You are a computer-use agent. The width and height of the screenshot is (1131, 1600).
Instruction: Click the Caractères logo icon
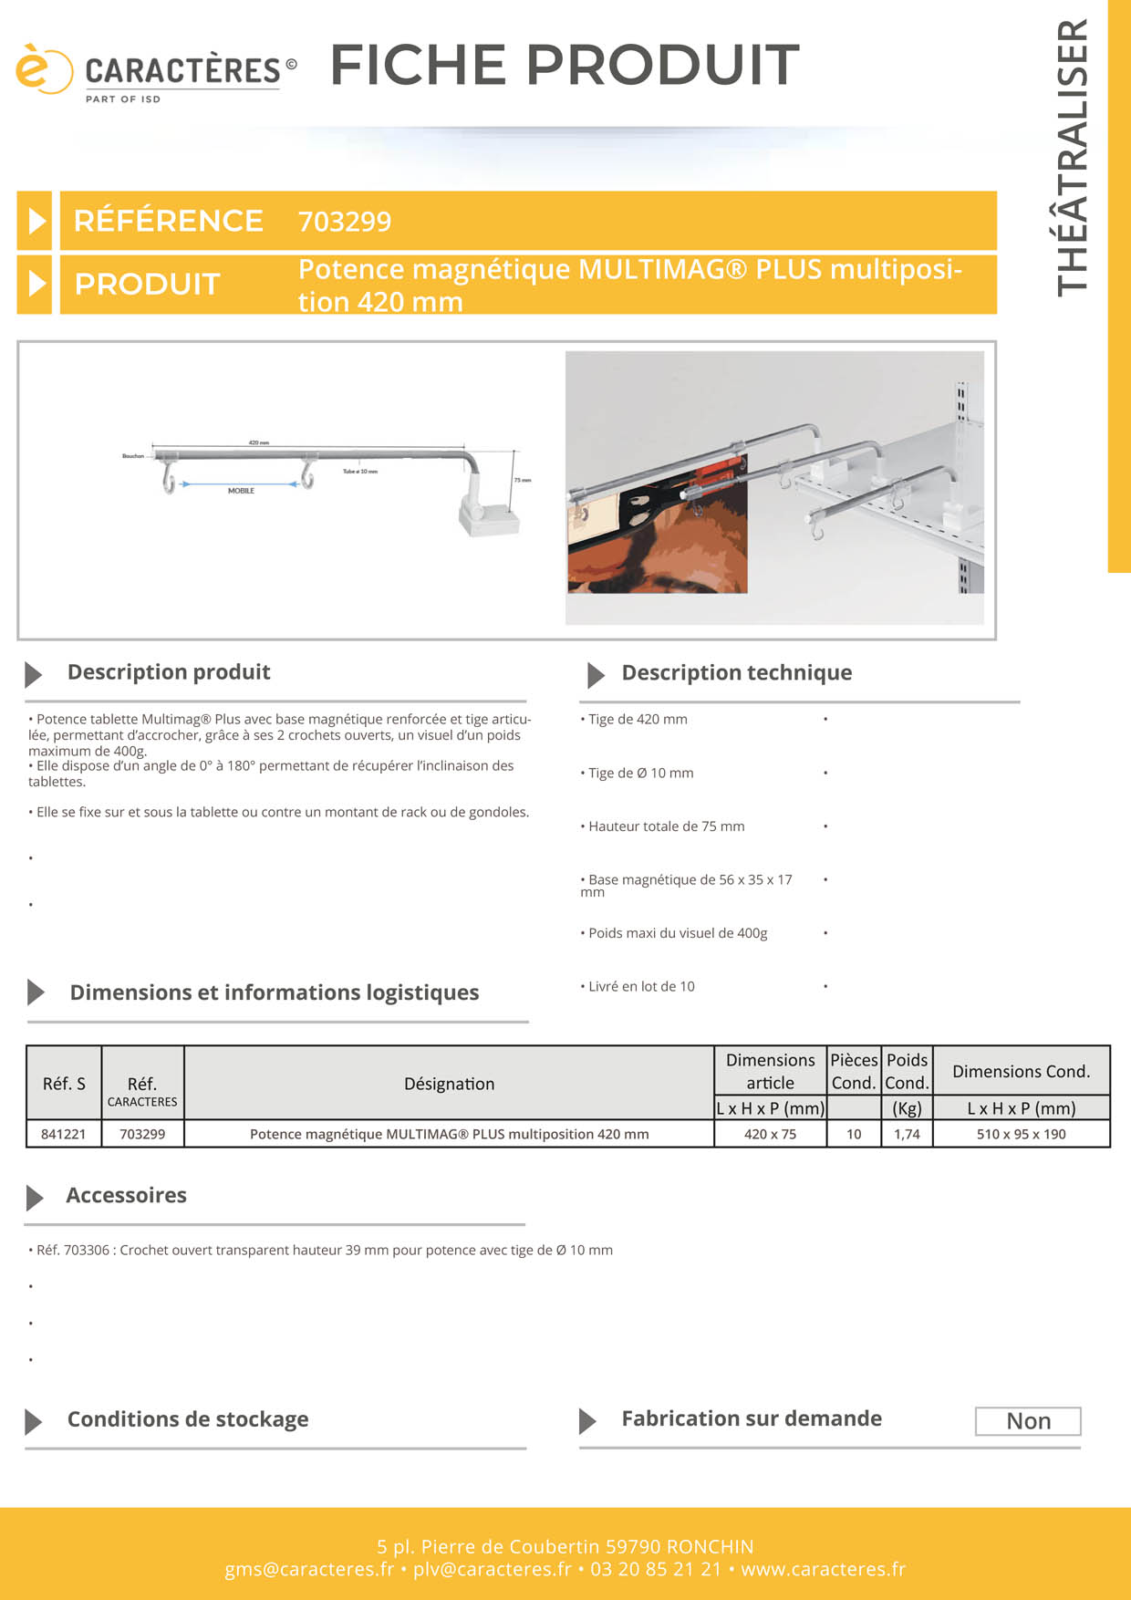point(42,69)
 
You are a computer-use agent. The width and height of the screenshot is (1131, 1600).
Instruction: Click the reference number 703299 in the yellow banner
point(345,222)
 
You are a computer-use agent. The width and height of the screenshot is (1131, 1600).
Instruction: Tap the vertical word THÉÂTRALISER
point(1073,157)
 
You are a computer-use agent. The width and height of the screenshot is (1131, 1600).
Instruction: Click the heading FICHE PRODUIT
point(564,65)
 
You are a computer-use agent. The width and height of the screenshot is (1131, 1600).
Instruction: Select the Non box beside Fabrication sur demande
point(1028,1421)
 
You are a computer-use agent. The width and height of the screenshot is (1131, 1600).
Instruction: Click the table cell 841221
point(63,1134)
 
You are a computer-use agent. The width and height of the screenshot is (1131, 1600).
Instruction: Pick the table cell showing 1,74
point(907,1134)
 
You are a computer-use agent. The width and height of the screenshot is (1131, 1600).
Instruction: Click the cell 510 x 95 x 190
point(1021,1134)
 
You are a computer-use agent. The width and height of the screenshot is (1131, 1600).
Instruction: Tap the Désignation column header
point(449,1084)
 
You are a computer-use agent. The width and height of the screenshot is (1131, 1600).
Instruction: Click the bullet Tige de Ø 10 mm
point(640,773)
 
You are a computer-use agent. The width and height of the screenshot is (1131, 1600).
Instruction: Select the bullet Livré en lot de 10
point(641,986)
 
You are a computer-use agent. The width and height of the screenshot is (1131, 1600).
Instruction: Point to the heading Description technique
point(736,672)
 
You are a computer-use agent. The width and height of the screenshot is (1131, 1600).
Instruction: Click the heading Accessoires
point(126,1195)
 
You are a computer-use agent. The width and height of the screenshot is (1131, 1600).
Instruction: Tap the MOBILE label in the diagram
point(241,491)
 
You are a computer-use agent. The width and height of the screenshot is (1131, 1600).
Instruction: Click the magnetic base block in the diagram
point(490,520)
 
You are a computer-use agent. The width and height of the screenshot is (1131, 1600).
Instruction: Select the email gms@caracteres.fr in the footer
point(309,1569)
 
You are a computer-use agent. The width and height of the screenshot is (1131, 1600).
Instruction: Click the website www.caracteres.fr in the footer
point(823,1569)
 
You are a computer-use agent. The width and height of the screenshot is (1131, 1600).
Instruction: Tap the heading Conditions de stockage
point(187,1419)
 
